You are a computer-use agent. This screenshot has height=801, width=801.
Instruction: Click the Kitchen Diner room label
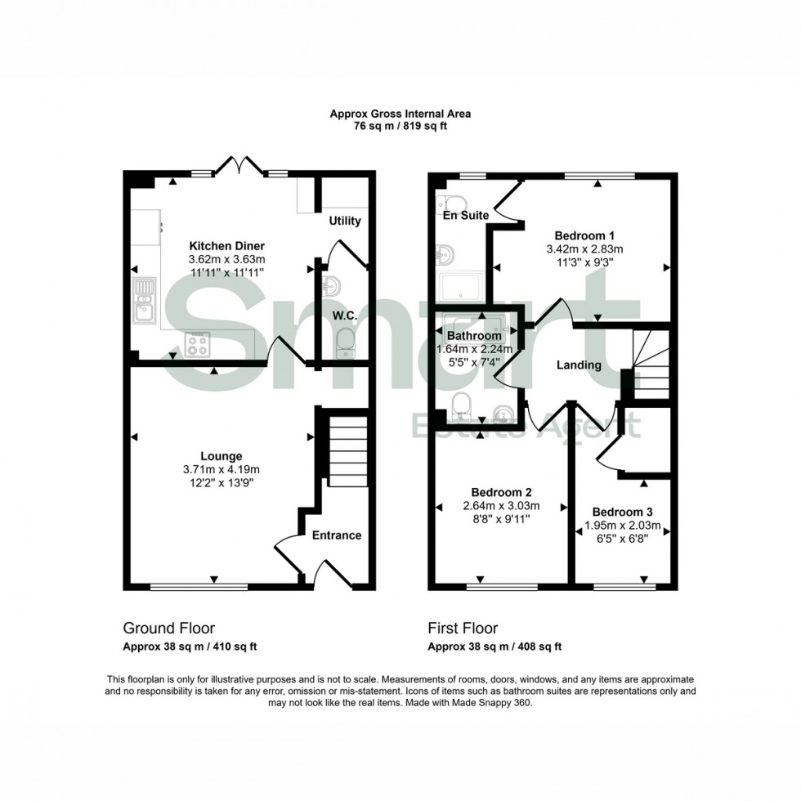pos(227,245)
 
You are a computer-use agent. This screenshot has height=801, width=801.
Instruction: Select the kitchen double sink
pos(145,299)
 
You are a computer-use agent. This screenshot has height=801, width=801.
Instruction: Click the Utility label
pos(345,221)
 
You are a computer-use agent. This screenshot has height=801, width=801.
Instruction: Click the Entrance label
pos(337,535)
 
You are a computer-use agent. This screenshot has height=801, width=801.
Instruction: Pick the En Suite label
pos(466,216)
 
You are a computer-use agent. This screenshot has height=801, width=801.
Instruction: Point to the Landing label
pos(579,365)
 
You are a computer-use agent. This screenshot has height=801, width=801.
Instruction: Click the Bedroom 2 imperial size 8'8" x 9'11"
pos(501,518)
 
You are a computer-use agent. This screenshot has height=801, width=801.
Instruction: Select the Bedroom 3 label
pos(622,512)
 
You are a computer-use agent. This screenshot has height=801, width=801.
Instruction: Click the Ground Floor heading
pos(168,628)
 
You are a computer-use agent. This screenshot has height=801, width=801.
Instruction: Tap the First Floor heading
pos(463,628)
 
